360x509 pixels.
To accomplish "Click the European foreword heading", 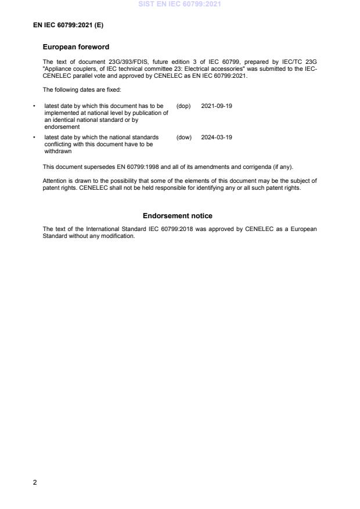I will [x=76, y=47].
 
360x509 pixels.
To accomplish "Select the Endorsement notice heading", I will [x=178, y=216].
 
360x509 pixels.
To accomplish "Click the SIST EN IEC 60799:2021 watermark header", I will [x=179, y=4].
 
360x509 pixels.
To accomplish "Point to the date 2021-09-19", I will [x=217, y=106].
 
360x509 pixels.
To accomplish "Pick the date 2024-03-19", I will [x=217, y=138].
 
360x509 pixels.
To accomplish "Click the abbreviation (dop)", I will [x=183, y=106].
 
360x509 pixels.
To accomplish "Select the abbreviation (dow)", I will [x=183, y=138].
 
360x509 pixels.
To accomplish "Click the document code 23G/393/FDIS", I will [x=127, y=61].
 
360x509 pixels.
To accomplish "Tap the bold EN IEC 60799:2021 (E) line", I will [x=69, y=26].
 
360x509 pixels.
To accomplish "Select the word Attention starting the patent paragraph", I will [x=55, y=181].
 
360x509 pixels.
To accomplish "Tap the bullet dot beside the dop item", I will [x=35, y=106].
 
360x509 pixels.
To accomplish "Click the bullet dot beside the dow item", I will [x=35, y=138].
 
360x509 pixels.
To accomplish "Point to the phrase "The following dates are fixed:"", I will [x=82, y=89].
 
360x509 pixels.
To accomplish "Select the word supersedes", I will [x=86, y=167].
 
